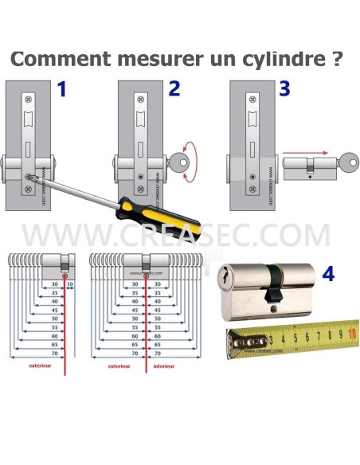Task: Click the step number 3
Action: point(284,90)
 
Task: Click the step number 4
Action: point(328,275)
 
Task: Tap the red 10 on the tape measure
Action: point(352,334)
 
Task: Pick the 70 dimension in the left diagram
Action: point(56,353)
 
